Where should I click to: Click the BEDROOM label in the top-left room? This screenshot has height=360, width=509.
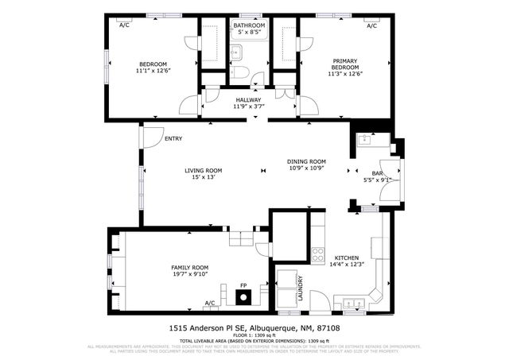153,64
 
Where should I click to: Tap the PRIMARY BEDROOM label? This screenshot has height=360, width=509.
346,64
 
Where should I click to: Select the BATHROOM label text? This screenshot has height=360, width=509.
249,26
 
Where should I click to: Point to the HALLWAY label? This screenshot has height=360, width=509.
248,100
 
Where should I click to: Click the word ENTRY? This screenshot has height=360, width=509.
173,139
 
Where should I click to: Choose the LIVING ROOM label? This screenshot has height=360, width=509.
204,170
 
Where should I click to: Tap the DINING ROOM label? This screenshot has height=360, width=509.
307,161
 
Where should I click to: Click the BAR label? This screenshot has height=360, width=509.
378,172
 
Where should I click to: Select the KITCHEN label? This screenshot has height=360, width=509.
347,258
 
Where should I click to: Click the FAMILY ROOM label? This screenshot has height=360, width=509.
189,268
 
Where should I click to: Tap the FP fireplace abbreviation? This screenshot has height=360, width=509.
244,285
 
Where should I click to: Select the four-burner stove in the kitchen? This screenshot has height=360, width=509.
317,255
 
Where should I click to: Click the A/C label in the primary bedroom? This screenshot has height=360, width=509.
371,26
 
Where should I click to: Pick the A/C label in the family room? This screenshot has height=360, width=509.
210,303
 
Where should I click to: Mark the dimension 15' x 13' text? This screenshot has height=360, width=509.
204,177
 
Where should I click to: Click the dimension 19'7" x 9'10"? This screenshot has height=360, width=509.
189,275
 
